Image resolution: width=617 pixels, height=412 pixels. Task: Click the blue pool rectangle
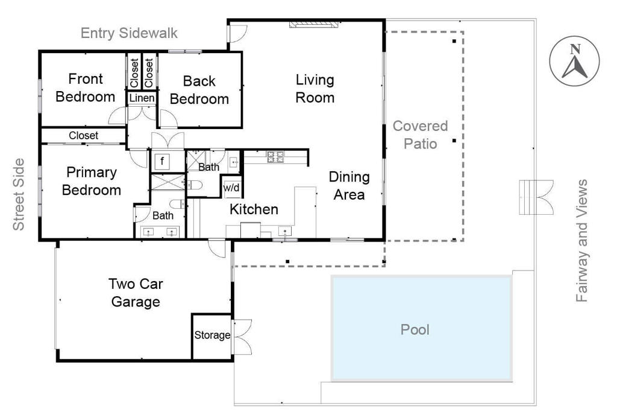pyautogui.click(x=422, y=328)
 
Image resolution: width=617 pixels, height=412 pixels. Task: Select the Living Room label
pyautogui.click(x=315, y=89)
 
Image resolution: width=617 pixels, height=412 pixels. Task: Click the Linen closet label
pyautogui.click(x=142, y=98)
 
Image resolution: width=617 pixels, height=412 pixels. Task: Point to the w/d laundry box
pyautogui.click(x=231, y=188)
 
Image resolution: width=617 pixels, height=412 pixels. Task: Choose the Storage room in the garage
pyautogui.click(x=212, y=337)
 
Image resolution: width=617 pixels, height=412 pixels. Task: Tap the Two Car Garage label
pyautogui.click(x=136, y=293)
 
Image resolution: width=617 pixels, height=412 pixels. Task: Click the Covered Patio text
pyautogui.click(x=420, y=135)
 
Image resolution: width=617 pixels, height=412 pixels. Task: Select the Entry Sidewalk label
pyautogui.click(x=129, y=33)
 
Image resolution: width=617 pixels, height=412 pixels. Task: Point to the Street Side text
pyautogui.click(x=19, y=195)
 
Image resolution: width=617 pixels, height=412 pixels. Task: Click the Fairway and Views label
pyautogui.click(x=581, y=241)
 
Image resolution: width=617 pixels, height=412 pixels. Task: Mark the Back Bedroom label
pyautogui.click(x=199, y=90)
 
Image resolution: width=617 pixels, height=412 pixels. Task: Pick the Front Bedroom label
pyautogui.click(x=86, y=87)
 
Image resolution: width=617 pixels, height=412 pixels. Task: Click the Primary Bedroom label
pyautogui.click(x=92, y=181)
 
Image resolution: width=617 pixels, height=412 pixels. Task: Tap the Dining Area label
pyautogui.click(x=349, y=186)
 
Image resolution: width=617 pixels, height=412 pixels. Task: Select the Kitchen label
pyautogui.click(x=254, y=209)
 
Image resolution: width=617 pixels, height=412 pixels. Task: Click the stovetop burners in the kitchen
pyautogui.click(x=275, y=157)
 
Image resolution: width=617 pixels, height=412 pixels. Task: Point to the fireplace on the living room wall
pyautogui.click(x=313, y=25)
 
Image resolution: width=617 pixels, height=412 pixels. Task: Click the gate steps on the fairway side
pyautogui.click(x=536, y=197)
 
